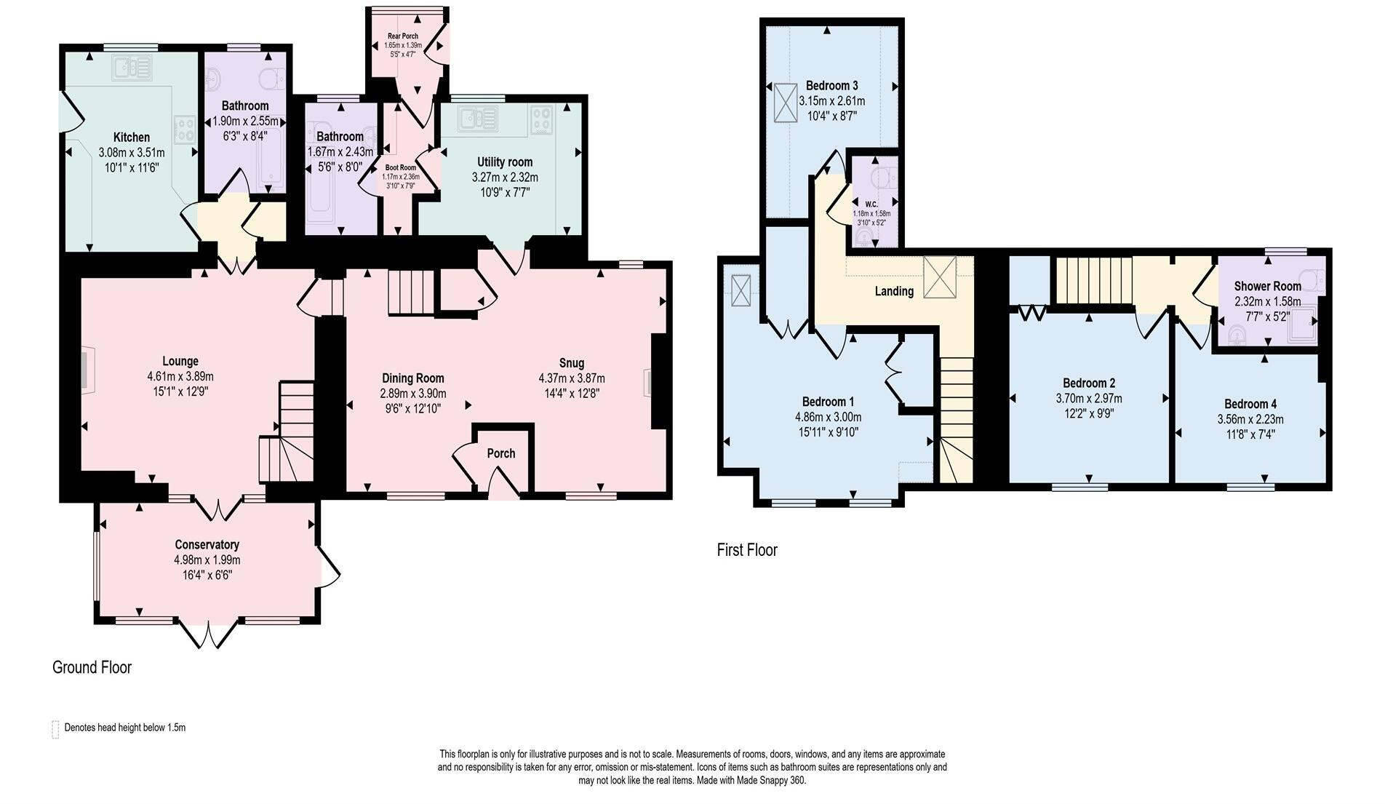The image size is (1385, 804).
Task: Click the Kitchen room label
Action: pyautogui.click(x=132, y=137)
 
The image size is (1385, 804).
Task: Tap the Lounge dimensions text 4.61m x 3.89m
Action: pyautogui.click(x=180, y=376)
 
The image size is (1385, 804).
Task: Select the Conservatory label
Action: pyautogui.click(x=207, y=544)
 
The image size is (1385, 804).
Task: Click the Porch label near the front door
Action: pyautogui.click(x=500, y=453)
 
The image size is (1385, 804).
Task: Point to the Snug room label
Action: pyautogui.click(x=571, y=362)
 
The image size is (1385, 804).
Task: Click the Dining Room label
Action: pyautogui.click(x=412, y=378)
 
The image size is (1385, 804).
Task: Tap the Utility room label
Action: pyautogui.click(x=504, y=162)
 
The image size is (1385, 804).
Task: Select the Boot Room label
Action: pyautogui.click(x=401, y=167)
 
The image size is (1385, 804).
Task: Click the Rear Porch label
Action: pyautogui.click(x=402, y=36)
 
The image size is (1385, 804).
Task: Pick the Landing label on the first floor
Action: pyautogui.click(x=894, y=291)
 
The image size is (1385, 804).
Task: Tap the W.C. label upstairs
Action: pyautogui.click(x=871, y=203)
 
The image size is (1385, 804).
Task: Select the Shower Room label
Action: pyautogui.click(x=1267, y=286)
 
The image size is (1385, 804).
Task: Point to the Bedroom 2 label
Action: pyautogui.click(x=1088, y=383)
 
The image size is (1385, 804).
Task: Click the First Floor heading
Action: pyautogui.click(x=746, y=550)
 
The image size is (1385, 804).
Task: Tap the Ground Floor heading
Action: pyautogui.click(x=92, y=667)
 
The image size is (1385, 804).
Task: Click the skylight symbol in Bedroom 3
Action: pyautogui.click(x=786, y=103)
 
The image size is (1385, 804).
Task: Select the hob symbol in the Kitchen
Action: pyautogui.click(x=185, y=129)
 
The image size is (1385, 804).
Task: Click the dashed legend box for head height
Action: pyautogui.click(x=55, y=729)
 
